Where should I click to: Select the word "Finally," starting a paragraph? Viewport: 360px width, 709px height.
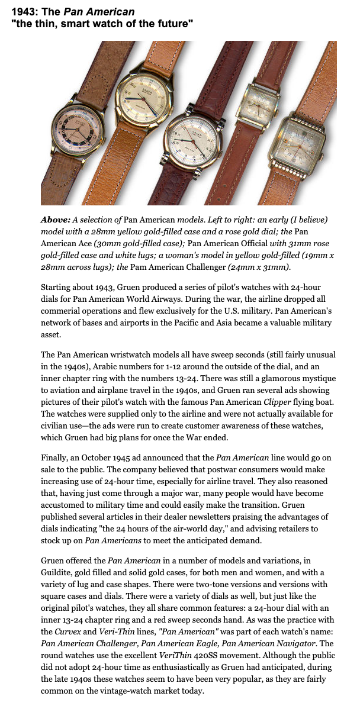click(x=57, y=457)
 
